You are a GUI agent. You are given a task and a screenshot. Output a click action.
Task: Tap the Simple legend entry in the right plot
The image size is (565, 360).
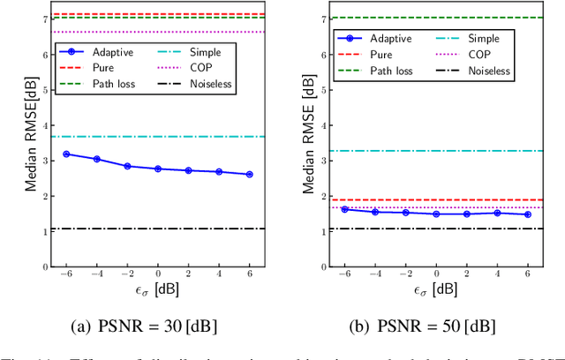[482, 38]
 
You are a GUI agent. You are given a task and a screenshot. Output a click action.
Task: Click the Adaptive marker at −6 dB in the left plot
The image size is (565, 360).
[66, 154]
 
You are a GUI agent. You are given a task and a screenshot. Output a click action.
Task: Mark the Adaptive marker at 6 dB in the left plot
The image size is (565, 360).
[249, 175]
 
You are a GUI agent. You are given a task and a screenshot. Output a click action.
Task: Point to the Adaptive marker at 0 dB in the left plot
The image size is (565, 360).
[158, 169]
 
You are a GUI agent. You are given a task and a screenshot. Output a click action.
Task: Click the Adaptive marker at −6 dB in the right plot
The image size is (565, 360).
[344, 209]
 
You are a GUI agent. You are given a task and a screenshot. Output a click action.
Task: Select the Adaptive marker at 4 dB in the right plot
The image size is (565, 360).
[497, 213]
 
